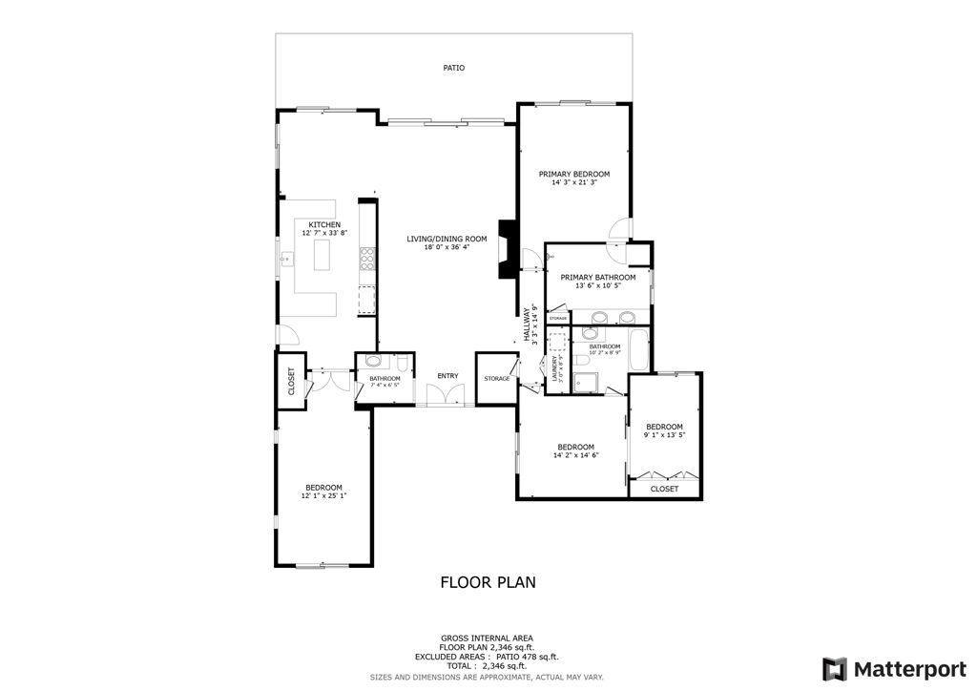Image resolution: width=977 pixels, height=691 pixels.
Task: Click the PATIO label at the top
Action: click(453, 68)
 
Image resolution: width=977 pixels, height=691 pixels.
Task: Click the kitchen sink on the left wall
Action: click(285, 259)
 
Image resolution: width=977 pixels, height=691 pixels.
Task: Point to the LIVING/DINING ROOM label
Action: click(447, 239)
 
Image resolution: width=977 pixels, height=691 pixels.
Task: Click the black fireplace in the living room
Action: click(508, 249)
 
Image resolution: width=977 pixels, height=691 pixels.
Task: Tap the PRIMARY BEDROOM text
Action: click(573, 174)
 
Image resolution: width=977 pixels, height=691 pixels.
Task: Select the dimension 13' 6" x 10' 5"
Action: click(598, 285)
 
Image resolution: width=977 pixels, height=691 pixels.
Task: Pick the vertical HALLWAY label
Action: click(526, 325)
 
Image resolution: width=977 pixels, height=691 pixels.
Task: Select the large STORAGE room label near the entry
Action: click(496, 379)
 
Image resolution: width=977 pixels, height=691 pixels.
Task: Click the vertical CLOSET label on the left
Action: click(291, 382)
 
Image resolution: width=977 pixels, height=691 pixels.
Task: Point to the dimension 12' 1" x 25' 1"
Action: click(323, 495)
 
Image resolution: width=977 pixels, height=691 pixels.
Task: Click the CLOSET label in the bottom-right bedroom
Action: click(664, 489)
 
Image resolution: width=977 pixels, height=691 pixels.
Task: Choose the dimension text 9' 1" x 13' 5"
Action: click(664, 434)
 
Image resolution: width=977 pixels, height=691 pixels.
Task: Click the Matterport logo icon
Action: click(834, 668)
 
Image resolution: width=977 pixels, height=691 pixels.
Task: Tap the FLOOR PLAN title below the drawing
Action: click(488, 581)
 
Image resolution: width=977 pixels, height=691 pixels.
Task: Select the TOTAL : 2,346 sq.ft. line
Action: click(487, 666)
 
